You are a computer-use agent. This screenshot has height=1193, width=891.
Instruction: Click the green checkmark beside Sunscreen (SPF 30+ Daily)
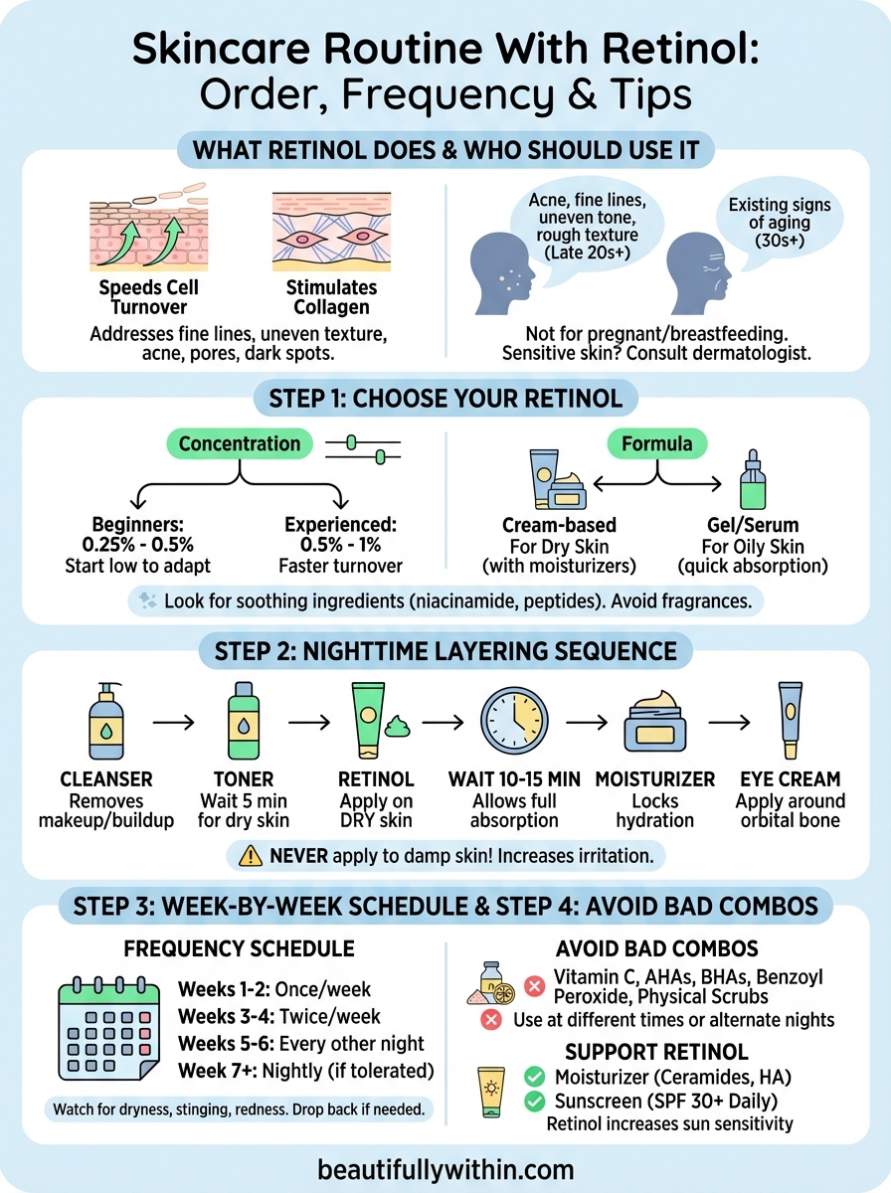pyautogui.click(x=534, y=1101)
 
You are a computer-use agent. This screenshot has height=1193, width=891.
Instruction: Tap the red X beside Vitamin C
pyautogui.click(x=534, y=986)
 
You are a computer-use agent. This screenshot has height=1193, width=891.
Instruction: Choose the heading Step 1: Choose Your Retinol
pyautogui.click(x=445, y=399)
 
